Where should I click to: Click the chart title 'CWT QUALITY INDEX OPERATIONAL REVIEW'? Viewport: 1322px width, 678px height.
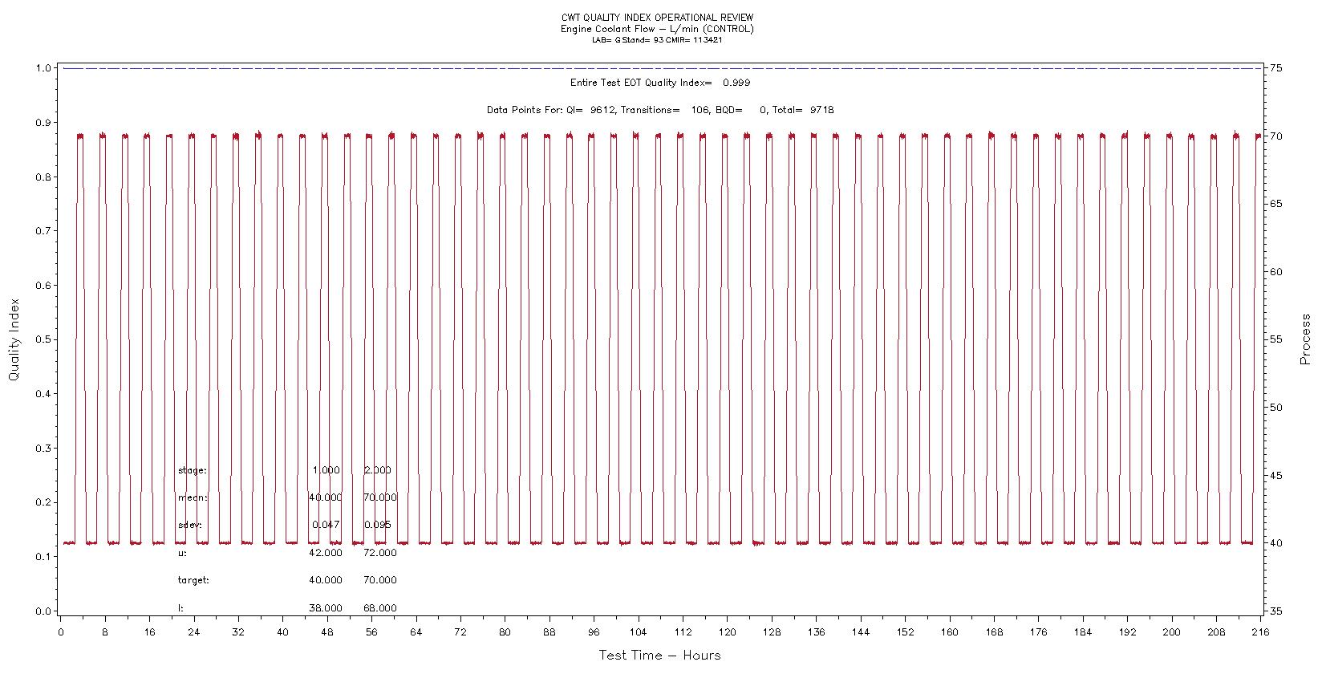tap(657, 18)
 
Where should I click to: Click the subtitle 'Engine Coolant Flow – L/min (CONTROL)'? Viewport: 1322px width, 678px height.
tap(657, 29)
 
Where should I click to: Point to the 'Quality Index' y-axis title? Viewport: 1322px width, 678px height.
tap(14, 339)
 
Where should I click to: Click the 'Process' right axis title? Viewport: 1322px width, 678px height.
tap(1305, 339)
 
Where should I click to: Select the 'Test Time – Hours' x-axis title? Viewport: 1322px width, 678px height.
tap(659, 656)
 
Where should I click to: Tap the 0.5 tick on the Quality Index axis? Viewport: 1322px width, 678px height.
tap(43, 339)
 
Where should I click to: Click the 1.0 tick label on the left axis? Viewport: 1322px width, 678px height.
tap(43, 68)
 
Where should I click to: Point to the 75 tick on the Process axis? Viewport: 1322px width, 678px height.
tap(1275, 68)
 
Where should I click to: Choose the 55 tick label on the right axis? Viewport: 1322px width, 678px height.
tap(1275, 339)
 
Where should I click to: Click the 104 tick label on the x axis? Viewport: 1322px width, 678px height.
tap(638, 632)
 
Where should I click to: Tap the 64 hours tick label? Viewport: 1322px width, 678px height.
tap(416, 632)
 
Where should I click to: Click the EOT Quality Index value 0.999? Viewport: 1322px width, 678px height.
tap(736, 83)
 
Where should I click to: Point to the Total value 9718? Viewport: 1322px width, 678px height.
tap(821, 110)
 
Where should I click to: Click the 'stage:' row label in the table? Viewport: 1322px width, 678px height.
tap(192, 470)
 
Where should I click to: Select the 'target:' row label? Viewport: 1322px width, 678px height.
tap(193, 580)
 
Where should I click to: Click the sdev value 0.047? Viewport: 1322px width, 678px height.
tap(326, 525)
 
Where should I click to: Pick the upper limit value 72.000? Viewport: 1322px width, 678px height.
tap(379, 553)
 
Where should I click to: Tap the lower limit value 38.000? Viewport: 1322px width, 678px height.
tap(325, 608)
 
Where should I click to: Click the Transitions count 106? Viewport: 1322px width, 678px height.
tap(700, 110)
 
